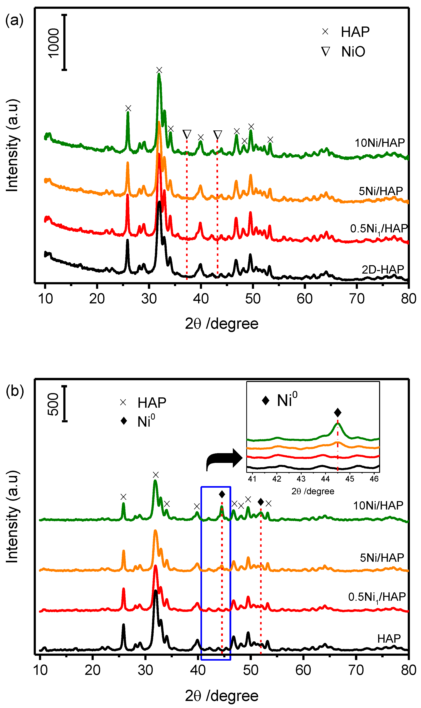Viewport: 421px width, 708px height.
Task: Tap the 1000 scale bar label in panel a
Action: pos(53,43)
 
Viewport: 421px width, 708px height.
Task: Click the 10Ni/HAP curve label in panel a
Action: pos(380,143)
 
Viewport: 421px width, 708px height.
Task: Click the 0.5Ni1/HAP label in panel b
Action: pos(377,597)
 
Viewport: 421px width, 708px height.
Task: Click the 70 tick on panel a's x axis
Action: pos(356,299)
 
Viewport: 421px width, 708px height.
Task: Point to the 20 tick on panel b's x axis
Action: pos(93,670)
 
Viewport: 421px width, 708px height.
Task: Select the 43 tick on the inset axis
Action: pos(301,479)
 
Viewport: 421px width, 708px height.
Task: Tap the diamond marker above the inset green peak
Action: pos(338,412)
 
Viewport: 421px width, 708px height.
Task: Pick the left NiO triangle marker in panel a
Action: pos(187,134)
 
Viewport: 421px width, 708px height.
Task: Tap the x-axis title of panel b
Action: pos(222,696)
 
